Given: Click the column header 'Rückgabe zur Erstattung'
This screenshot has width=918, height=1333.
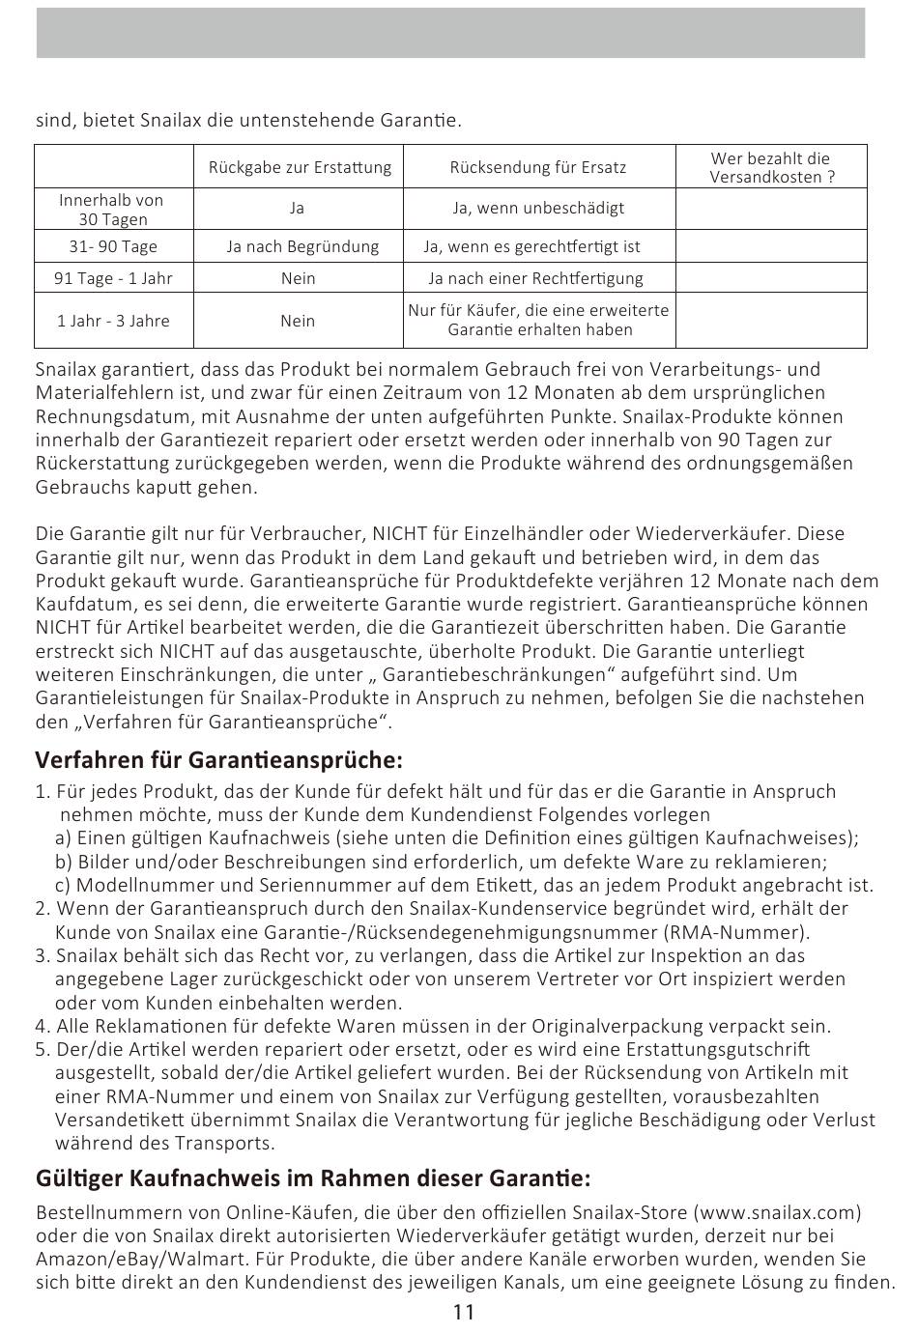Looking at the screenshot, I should click(300, 167).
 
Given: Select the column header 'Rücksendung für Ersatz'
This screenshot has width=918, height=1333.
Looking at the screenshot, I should click(538, 167).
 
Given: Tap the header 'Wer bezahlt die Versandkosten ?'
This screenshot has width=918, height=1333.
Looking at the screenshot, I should click(770, 167).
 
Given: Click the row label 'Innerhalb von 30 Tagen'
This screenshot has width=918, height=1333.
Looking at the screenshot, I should click(111, 210).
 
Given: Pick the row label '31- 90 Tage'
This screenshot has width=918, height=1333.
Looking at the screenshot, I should click(113, 246).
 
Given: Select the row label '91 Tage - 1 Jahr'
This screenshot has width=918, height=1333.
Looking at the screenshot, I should click(113, 278).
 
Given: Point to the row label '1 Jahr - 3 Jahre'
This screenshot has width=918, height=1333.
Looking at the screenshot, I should click(113, 321).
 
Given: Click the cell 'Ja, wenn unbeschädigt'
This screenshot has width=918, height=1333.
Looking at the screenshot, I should click(538, 208).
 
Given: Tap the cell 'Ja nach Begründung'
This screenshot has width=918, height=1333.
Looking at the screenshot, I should click(302, 246).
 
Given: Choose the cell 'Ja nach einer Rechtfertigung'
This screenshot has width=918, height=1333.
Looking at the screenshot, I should click(535, 278).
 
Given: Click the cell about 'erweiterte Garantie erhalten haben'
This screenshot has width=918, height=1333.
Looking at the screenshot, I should click(538, 320).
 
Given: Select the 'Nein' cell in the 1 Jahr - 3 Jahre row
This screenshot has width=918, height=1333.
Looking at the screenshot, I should click(298, 321).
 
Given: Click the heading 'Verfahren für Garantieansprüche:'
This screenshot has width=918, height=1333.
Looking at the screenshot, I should click(218, 759).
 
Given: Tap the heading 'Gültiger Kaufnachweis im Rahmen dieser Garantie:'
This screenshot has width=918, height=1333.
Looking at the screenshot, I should click(312, 1178).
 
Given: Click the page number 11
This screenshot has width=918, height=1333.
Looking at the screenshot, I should click(463, 1312).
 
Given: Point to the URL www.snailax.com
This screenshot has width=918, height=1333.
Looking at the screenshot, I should click(777, 1212).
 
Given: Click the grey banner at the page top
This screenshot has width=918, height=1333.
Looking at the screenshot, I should click(450, 34).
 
